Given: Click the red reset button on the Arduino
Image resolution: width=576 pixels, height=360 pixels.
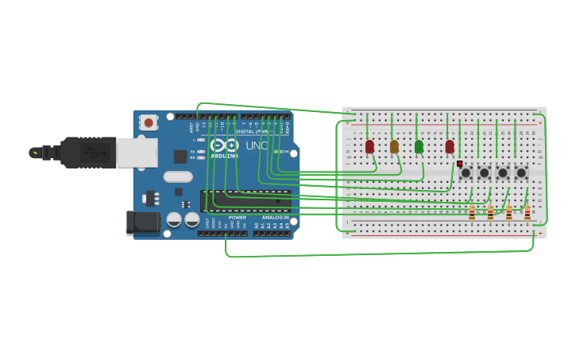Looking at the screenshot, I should click(x=148, y=122).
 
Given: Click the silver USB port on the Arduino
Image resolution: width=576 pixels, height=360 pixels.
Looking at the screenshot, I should click(x=137, y=153).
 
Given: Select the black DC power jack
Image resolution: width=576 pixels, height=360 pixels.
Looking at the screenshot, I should click(x=142, y=223).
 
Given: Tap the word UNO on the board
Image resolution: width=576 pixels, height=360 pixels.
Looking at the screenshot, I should click(x=257, y=146).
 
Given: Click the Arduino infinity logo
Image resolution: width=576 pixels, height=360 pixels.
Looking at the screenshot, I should click(x=224, y=145).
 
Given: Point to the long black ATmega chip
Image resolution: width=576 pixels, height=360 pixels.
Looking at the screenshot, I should click(x=245, y=201).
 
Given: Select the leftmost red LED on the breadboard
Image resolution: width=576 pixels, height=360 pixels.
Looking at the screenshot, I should click(x=369, y=146).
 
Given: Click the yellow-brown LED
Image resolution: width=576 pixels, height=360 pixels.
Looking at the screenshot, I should click(x=394, y=146).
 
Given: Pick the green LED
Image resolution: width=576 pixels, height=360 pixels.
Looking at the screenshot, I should click(x=419, y=146).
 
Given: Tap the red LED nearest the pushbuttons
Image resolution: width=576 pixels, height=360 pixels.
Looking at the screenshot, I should click(x=450, y=146).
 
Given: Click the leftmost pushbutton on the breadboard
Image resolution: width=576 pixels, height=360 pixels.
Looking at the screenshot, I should click(x=466, y=172).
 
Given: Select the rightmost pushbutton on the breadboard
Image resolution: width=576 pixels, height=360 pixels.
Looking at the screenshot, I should click(x=521, y=172).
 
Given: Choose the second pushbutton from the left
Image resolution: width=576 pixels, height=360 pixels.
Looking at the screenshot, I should click(x=484, y=172).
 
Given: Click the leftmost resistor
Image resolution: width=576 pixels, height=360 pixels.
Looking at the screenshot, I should click(x=472, y=212).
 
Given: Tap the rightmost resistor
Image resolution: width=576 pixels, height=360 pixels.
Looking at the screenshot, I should click(x=527, y=212).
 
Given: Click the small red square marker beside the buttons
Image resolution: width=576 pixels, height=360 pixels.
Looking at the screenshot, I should click(x=459, y=164).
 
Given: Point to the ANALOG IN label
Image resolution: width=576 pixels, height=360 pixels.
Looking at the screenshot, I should click(x=275, y=217).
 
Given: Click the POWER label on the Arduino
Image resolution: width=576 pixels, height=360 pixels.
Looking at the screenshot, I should click(x=238, y=217).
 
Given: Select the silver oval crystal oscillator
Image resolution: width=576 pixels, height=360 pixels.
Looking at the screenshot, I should click(x=178, y=176).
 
